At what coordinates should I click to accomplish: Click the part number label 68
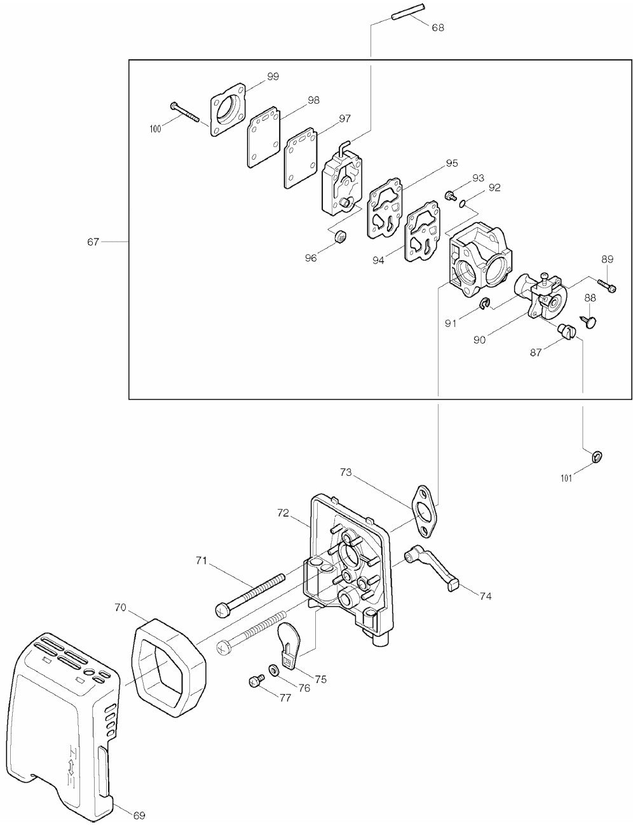438,27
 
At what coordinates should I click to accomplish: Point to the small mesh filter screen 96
343,238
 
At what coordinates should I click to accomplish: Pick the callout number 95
451,163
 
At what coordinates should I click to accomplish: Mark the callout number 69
140,814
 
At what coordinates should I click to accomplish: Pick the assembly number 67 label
93,242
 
